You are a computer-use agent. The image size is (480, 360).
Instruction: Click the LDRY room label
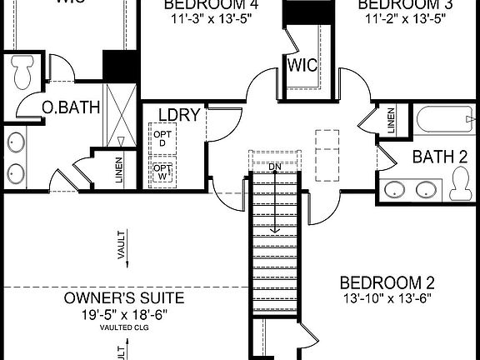[x=178, y=115]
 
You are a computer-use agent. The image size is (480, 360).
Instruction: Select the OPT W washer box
[x=162, y=172]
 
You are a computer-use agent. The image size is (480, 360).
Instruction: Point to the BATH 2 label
[x=439, y=156]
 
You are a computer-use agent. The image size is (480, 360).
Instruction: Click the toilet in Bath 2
[x=460, y=184]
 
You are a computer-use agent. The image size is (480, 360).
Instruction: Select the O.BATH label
[x=72, y=107]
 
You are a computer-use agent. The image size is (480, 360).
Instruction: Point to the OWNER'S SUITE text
[x=124, y=298]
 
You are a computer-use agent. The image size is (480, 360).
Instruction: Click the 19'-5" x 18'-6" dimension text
[x=124, y=314]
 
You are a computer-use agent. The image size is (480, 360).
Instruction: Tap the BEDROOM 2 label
[x=387, y=282]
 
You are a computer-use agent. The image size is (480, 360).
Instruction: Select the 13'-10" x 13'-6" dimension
[x=387, y=297]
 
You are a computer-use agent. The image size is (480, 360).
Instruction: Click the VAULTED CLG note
[x=124, y=327]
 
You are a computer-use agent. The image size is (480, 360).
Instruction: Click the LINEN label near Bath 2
[x=392, y=122]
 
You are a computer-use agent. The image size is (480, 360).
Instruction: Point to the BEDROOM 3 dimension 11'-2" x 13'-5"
[x=402, y=19]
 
